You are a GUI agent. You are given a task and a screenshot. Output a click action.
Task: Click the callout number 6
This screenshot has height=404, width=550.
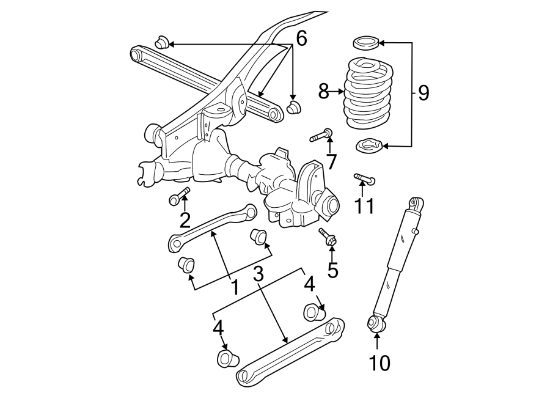pyautogui.click(x=301, y=38)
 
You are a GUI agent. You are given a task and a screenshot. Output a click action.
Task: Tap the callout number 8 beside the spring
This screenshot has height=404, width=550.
pyautogui.click(x=324, y=92)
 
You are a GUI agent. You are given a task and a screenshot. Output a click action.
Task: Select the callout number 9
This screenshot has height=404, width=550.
pyautogui.click(x=424, y=94)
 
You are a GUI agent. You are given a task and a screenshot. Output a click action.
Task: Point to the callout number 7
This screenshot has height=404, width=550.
pyautogui.click(x=331, y=162)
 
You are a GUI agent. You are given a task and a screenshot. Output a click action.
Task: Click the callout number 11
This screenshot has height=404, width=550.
pyautogui.click(x=364, y=205)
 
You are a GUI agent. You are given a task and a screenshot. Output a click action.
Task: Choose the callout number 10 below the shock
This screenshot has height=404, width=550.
pyautogui.click(x=379, y=363)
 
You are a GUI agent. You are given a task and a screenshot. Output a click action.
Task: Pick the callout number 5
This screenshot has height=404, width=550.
pyautogui.click(x=332, y=269)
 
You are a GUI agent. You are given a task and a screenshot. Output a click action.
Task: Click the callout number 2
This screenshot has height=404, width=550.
pyautogui.click(x=185, y=219)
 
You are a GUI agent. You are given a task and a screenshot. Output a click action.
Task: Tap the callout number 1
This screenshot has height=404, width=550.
pyautogui.click(x=234, y=285)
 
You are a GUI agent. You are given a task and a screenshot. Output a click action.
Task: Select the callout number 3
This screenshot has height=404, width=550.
pyautogui.click(x=258, y=275)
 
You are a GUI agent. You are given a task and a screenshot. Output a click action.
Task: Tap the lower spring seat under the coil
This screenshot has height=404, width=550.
pyautogui.click(x=369, y=146)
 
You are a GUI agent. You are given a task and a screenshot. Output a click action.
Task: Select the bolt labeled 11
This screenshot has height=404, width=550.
pyautogui.click(x=365, y=179)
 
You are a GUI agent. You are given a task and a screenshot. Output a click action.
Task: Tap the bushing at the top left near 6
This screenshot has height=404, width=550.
pyautogui.click(x=161, y=43)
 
